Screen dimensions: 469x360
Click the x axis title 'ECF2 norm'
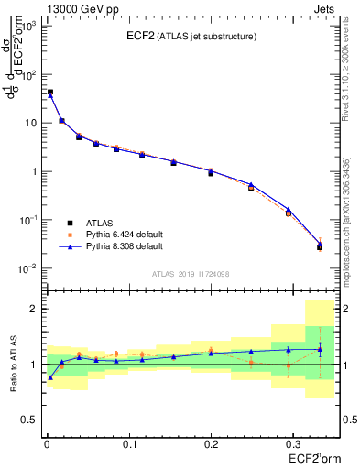tap(313, 458)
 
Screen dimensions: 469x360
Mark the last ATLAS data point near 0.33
tap(320, 246)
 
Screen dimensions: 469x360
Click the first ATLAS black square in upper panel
tap(49, 93)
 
